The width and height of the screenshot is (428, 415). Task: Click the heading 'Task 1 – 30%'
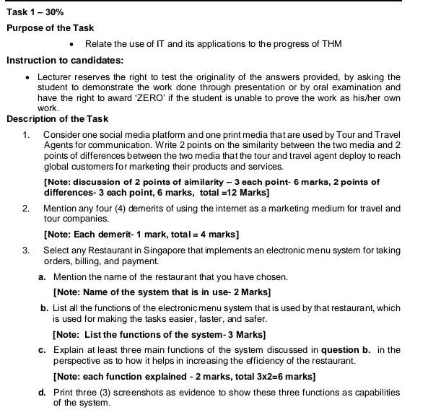point(35,12)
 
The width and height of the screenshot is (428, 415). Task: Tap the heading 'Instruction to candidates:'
point(64,60)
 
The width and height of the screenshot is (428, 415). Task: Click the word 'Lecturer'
point(56,77)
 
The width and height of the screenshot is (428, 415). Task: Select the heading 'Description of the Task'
point(57,118)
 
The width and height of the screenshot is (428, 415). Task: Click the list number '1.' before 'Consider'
point(27,135)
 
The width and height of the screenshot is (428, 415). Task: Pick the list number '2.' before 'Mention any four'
point(27,208)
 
